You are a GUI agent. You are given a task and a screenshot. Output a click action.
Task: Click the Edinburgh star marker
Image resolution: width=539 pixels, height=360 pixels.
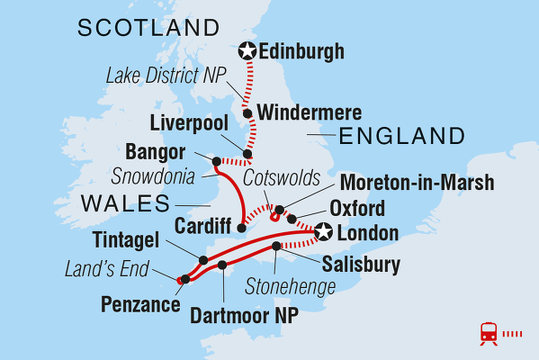pos(246,52)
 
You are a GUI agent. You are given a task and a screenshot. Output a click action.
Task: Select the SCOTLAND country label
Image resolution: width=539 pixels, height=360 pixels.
pos(148,28)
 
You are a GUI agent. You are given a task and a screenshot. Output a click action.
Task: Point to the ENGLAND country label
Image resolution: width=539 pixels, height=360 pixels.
pos(400,137)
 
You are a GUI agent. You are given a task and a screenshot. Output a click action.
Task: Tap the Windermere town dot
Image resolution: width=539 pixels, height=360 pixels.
pos(247,113)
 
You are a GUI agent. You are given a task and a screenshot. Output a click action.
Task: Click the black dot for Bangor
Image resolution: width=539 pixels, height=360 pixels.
pos(216,161)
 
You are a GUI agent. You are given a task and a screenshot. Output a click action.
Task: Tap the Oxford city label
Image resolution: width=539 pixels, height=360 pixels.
pos(357,209)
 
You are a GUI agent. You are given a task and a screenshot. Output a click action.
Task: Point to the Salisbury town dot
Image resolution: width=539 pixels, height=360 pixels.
pos(275,246)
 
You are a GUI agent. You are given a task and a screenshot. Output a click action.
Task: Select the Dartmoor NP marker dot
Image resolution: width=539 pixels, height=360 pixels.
pos(222,265)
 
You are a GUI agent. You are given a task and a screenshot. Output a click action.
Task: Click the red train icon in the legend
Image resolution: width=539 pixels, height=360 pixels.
pos(490,334)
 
